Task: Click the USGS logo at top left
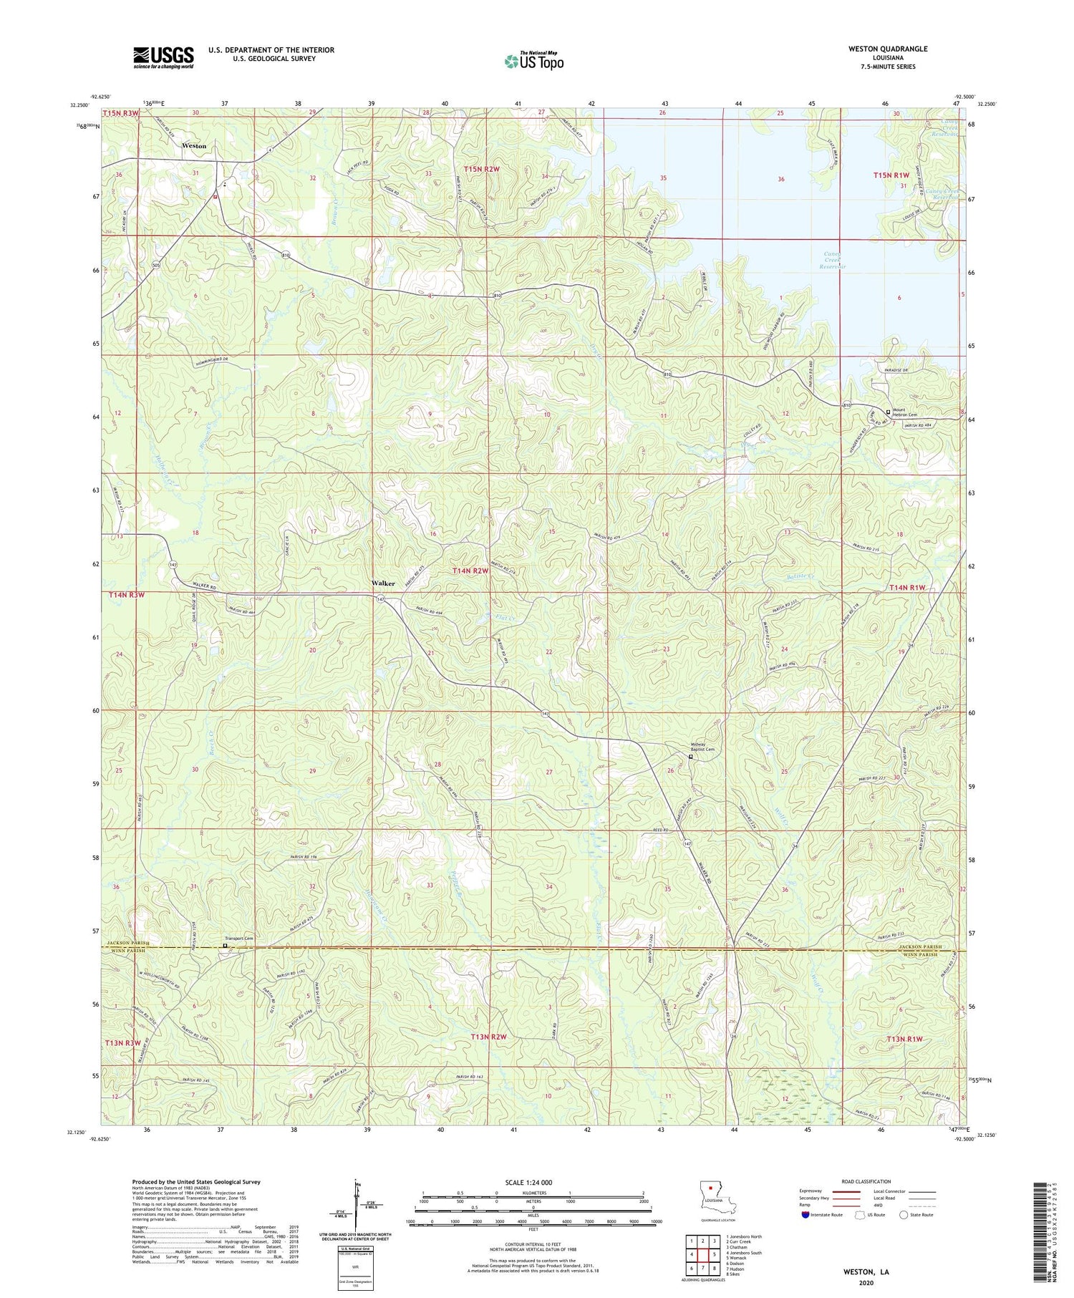(x=163, y=57)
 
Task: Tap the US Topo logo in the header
(x=533, y=62)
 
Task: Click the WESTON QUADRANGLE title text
(x=887, y=49)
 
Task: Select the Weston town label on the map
(x=194, y=146)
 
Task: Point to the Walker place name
(x=383, y=583)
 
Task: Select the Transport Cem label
(x=239, y=939)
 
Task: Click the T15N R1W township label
(x=891, y=175)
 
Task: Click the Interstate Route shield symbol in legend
(x=805, y=1214)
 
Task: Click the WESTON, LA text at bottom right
(x=864, y=1272)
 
